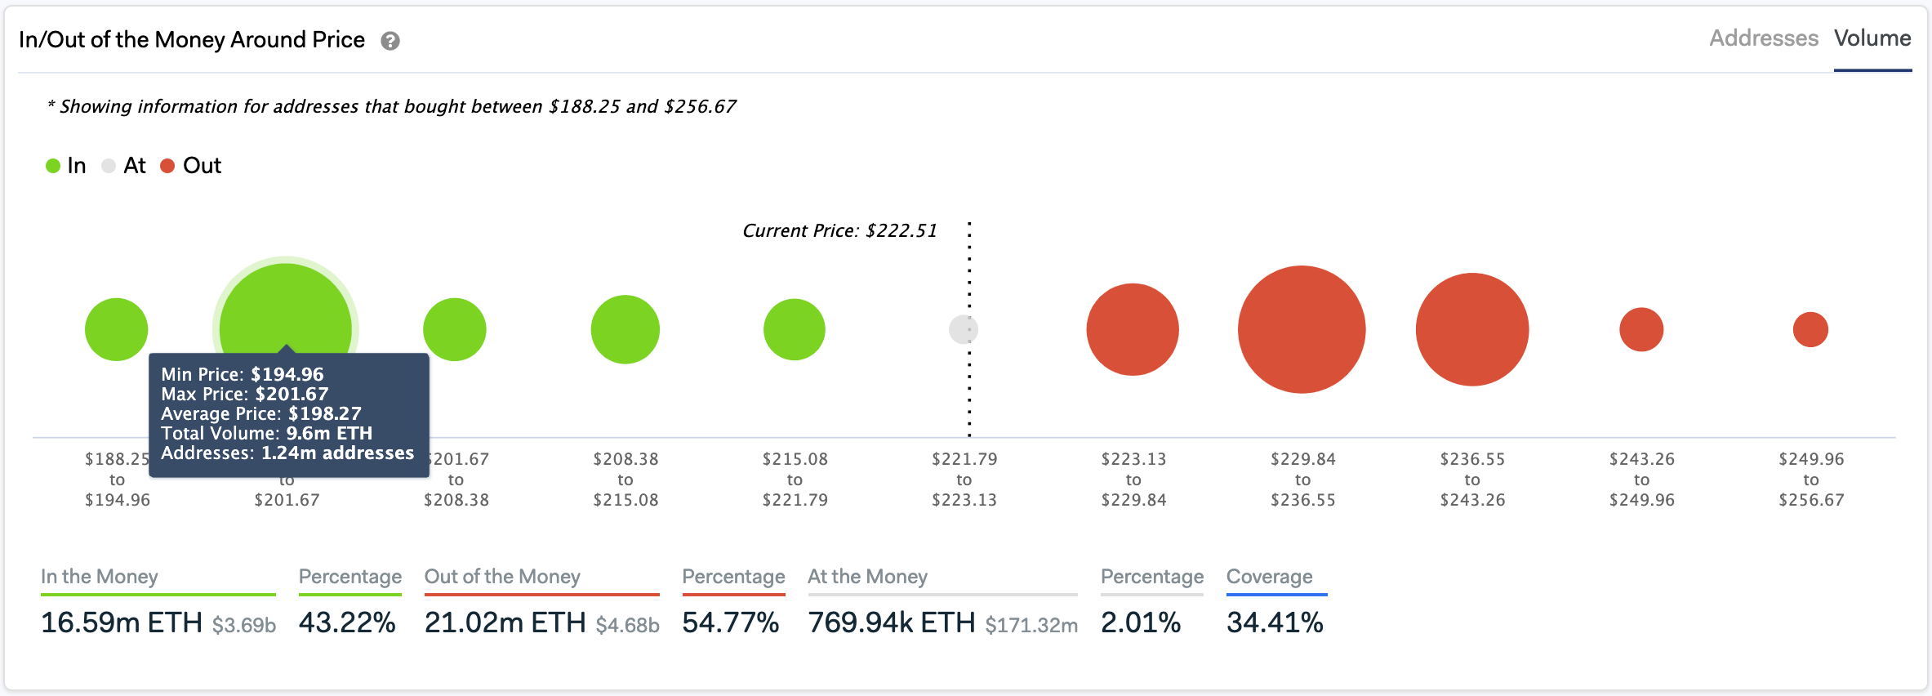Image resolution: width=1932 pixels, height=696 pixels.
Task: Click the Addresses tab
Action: click(1763, 38)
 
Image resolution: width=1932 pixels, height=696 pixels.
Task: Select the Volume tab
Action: click(1872, 38)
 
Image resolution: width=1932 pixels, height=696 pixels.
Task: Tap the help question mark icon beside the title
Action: click(390, 41)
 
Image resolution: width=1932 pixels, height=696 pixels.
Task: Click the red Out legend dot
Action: click(167, 166)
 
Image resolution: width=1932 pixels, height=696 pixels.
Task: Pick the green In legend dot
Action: click(53, 166)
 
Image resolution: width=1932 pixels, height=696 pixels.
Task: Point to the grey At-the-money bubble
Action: click(963, 329)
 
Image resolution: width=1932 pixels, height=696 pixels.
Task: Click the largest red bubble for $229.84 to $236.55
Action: click(1302, 329)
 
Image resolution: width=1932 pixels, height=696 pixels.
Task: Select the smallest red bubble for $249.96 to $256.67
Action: click(1810, 329)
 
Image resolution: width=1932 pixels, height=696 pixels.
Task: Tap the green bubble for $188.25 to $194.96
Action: click(117, 329)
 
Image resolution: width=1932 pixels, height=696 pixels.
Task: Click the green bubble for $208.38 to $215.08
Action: click(625, 329)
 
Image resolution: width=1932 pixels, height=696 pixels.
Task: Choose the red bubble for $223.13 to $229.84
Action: click(1133, 329)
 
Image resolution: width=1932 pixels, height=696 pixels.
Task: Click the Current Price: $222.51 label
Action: click(839, 231)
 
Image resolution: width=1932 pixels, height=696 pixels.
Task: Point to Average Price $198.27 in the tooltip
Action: click(261, 413)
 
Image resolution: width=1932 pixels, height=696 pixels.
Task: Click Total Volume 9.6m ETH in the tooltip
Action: click(266, 433)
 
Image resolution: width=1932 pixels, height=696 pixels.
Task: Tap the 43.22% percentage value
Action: click(347, 622)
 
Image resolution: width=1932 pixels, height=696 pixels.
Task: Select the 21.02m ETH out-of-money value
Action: click(505, 622)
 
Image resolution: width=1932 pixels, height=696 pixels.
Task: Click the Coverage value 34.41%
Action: click(1275, 622)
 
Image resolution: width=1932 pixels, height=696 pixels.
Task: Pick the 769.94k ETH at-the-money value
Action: click(891, 622)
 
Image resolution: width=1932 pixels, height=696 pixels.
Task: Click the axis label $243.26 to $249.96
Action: click(1641, 480)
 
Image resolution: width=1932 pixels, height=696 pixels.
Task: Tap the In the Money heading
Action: click(99, 577)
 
